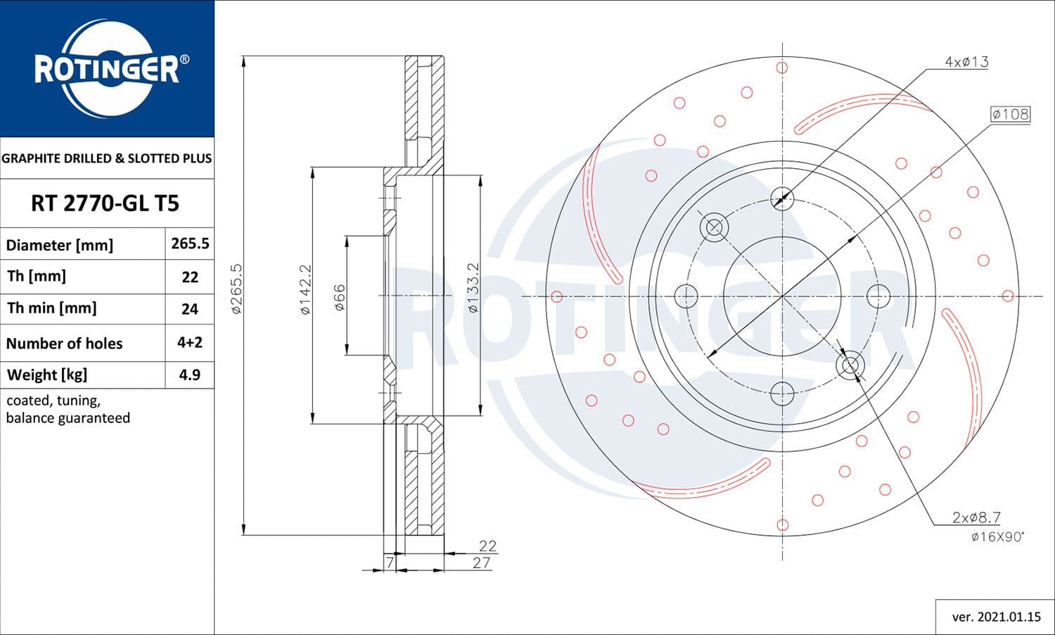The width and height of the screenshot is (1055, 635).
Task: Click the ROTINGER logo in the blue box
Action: [107, 69]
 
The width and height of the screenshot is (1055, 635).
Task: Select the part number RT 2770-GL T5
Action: [105, 203]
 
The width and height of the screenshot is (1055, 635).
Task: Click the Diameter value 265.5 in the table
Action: [190, 244]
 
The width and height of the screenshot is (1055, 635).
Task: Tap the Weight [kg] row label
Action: [47, 375]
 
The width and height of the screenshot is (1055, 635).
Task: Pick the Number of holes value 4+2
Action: [190, 343]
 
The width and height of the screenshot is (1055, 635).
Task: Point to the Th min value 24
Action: [190, 309]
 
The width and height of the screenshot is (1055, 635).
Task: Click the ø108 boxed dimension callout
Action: [1010, 114]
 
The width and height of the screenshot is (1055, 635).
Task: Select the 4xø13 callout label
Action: [966, 62]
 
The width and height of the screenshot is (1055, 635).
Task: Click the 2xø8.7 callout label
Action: [976, 517]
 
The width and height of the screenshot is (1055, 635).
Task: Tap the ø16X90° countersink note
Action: [997, 537]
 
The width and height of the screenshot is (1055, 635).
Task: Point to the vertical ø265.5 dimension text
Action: [237, 289]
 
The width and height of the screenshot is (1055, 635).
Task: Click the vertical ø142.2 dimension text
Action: [305, 289]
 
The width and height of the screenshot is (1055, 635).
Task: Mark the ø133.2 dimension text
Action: [473, 288]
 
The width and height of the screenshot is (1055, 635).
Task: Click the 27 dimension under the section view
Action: [481, 562]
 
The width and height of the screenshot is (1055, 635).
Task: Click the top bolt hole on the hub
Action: [782, 199]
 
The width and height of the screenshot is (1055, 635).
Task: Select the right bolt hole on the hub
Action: [878, 296]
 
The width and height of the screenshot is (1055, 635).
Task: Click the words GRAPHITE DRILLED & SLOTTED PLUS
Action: [106, 158]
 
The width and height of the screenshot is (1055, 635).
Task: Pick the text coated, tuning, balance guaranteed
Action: [68, 409]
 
